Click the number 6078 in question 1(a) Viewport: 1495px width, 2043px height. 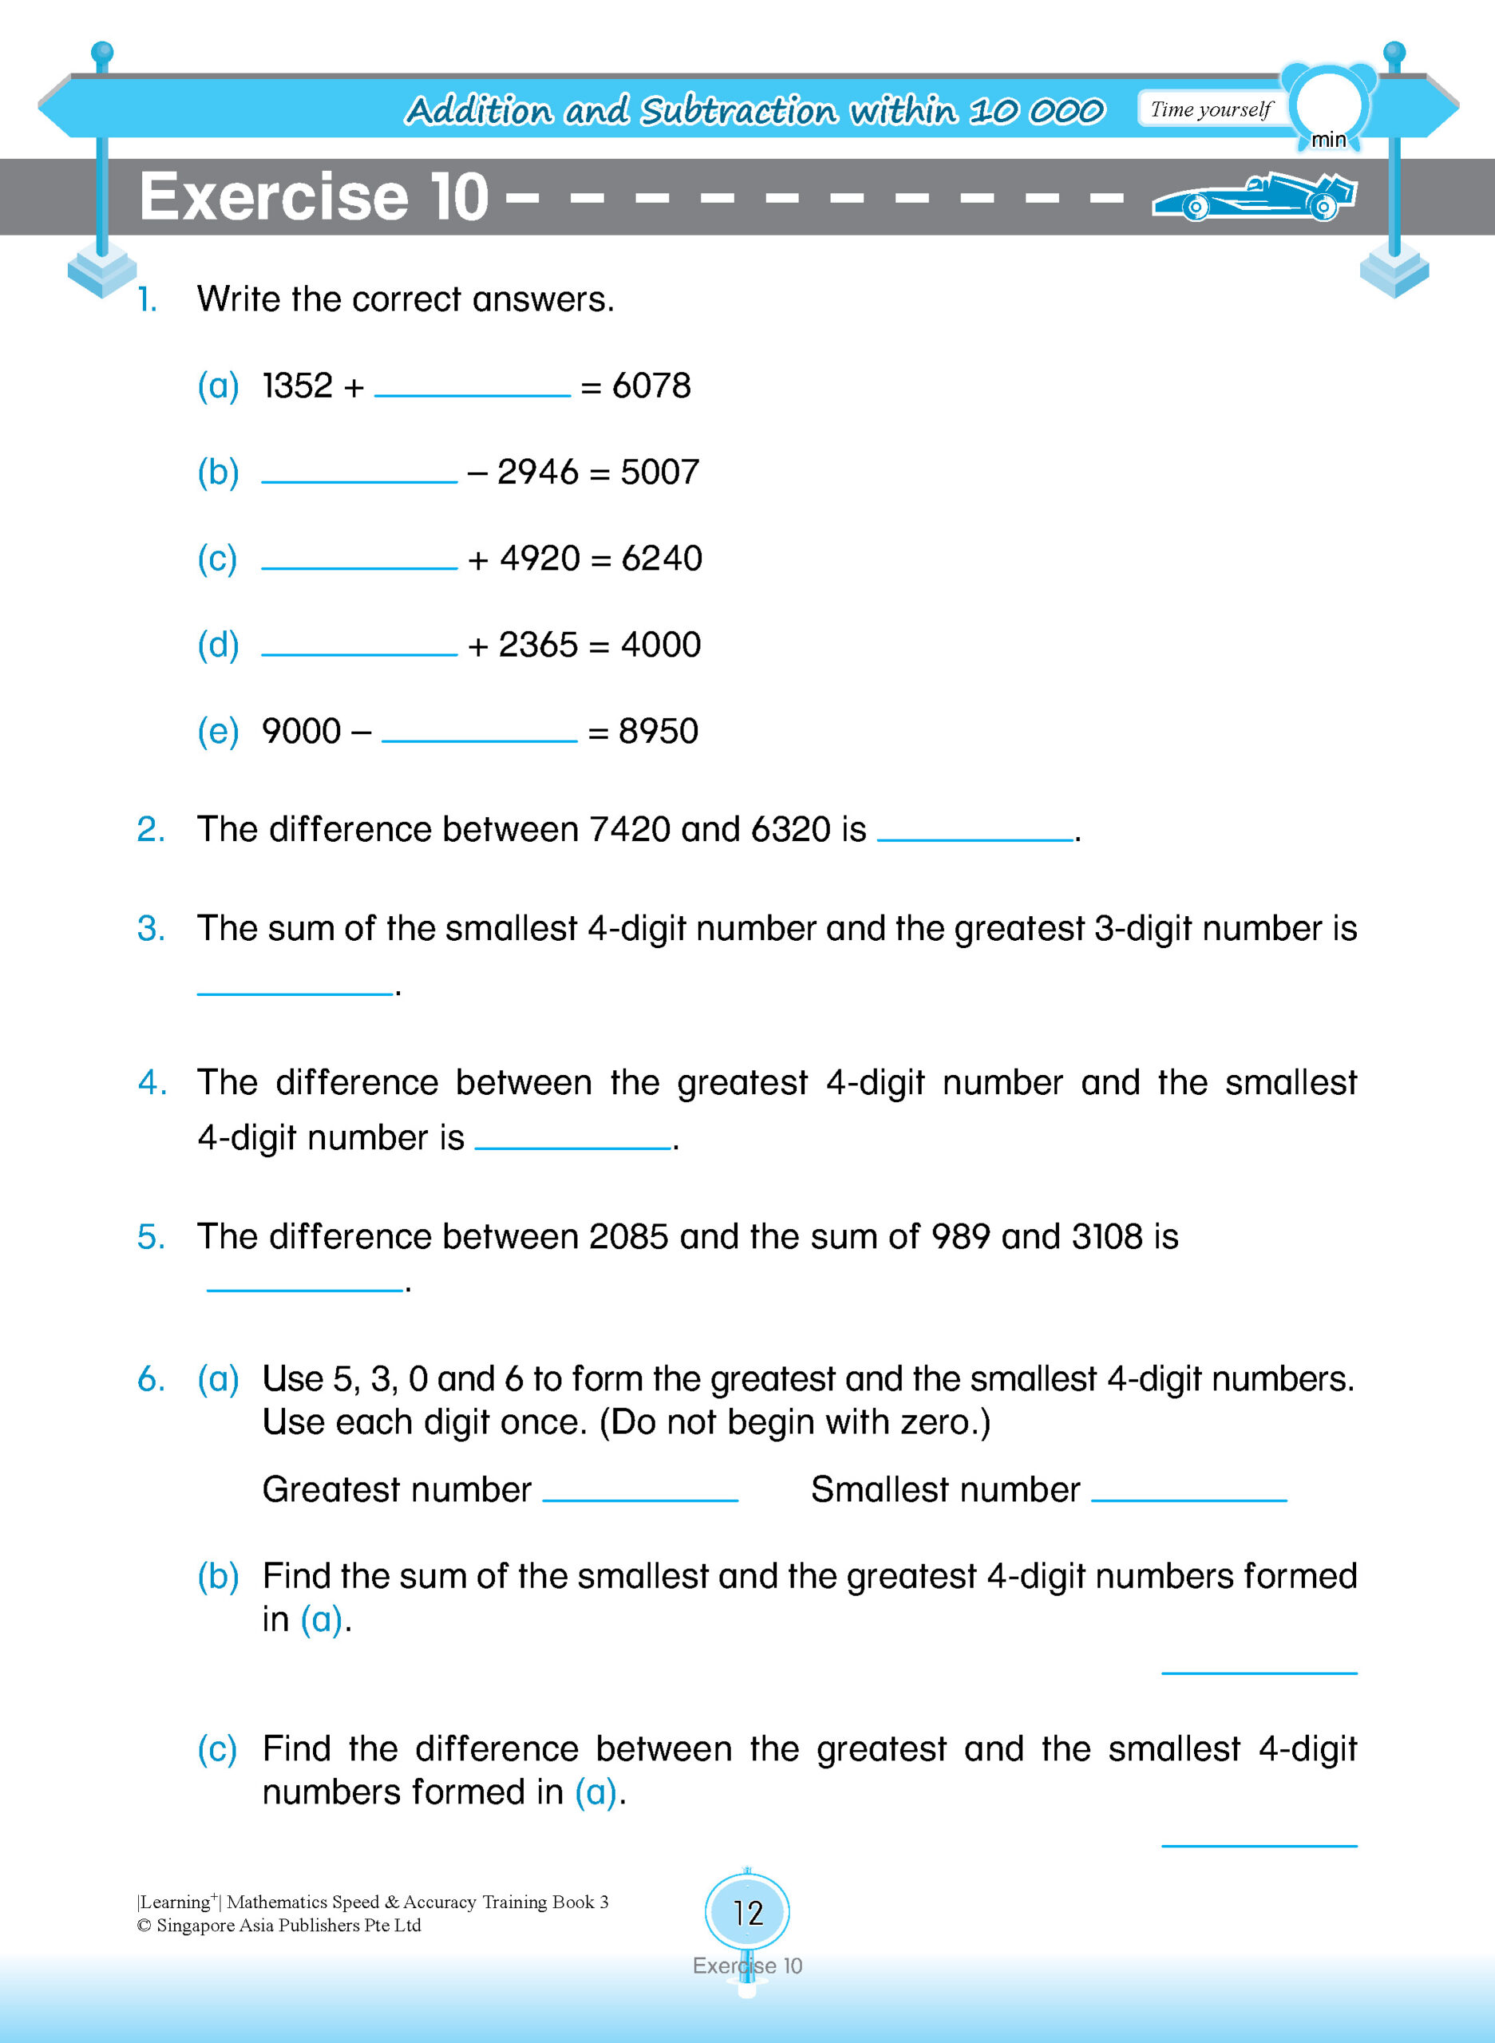click(651, 386)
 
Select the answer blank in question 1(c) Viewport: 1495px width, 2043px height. click(359, 561)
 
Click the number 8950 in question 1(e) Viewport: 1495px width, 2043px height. click(658, 731)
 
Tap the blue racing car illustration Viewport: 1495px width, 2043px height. click(1254, 196)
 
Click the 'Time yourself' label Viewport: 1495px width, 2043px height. click(1211, 109)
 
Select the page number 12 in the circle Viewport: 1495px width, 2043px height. click(747, 1913)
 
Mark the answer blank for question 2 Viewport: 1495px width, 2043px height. click(975, 834)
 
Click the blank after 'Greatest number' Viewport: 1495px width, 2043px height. click(640, 1495)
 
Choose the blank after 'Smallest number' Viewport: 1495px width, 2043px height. click(1189, 1495)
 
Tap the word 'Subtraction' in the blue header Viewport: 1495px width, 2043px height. click(738, 110)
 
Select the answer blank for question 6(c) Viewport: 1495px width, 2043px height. click(1259, 1840)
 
